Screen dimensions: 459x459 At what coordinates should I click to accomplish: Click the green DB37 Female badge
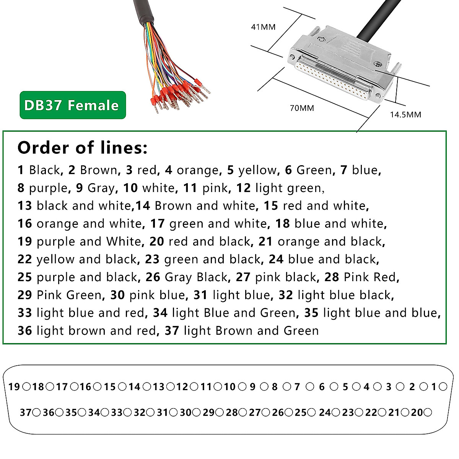(73, 105)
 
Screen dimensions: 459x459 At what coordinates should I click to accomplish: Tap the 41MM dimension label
(263, 27)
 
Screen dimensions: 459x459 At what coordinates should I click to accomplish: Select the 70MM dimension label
(302, 108)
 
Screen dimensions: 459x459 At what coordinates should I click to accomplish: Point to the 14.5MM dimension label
(405, 115)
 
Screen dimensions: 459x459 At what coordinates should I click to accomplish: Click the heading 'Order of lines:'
(82, 148)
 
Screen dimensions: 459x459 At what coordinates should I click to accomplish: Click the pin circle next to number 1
(443, 387)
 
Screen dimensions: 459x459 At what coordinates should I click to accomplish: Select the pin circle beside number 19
(26, 387)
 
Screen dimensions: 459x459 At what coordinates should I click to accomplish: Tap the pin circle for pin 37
(36, 412)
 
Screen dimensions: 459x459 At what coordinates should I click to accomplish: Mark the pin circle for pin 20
(428, 412)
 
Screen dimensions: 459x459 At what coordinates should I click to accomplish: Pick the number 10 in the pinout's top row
(229, 387)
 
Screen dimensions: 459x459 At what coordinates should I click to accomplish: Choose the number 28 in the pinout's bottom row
(232, 413)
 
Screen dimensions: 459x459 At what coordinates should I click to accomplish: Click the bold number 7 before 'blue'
(343, 170)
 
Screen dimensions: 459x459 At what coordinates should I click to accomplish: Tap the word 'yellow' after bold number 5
(257, 170)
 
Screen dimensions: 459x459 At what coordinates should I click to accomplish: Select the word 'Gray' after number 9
(101, 188)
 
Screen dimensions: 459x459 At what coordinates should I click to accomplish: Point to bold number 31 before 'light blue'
(200, 295)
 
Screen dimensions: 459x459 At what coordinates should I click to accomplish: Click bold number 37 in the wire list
(172, 330)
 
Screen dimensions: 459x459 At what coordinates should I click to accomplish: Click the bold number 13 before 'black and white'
(24, 206)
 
